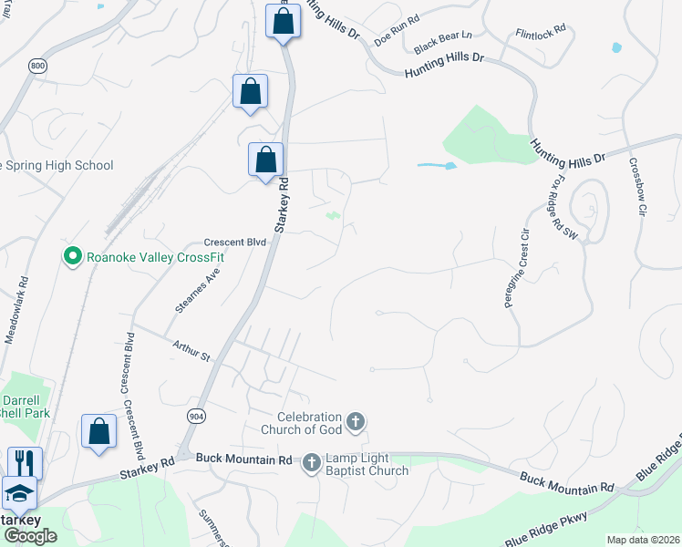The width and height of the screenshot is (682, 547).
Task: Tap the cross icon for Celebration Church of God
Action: pos(356,421)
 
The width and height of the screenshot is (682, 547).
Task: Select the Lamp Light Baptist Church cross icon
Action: pos(311,463)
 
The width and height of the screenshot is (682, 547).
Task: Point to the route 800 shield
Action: pos(37,67)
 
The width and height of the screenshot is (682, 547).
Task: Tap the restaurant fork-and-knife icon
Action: pos(25,461)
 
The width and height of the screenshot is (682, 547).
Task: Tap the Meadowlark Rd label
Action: pos(15,309)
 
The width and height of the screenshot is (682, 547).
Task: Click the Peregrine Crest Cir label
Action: pos(517,267)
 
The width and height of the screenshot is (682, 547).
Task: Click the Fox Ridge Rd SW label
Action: pos(563,207)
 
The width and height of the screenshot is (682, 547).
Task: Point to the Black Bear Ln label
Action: pos(442,42)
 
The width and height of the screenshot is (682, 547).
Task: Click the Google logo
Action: pos(30,536)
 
